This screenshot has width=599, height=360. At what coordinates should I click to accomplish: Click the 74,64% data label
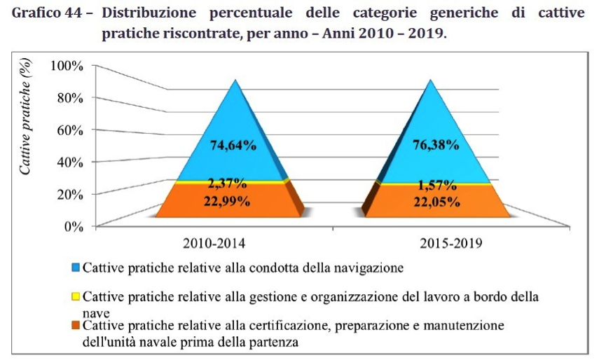tap(233, 146)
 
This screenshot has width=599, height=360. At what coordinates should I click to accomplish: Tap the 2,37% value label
tap(226, 185)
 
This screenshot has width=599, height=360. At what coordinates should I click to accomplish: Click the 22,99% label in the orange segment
tap(226, 201)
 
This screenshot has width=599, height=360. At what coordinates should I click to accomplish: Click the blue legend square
tap(76, 268)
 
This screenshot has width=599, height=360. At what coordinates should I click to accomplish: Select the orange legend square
tap(76, 326)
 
